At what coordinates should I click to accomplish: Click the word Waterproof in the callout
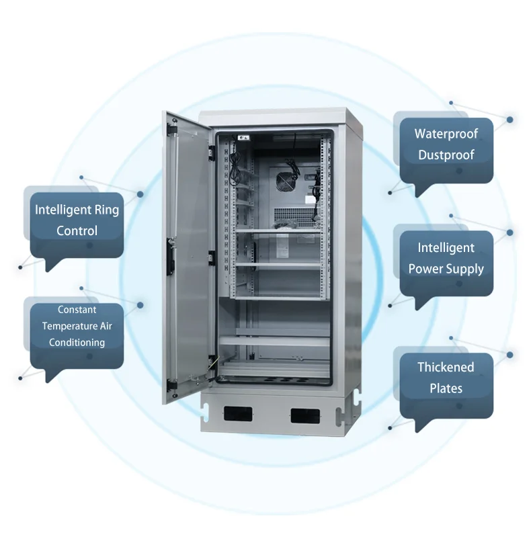click(446, 134)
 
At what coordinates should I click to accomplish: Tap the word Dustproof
click(446, 155)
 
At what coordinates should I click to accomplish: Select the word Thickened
click(446, 367)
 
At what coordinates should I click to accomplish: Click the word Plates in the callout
click(446, 388)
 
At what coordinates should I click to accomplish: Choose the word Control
click(77, 230)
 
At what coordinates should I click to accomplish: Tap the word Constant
click(77, 310)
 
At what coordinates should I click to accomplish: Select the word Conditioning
click(77, 343)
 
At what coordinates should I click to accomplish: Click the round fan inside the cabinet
click(285, 181)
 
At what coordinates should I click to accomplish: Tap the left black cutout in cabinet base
click(238, 414)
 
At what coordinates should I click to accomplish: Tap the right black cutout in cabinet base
click(305, 415)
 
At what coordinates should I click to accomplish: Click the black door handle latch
click(171, 257)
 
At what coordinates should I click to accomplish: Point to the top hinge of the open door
click(172, 129)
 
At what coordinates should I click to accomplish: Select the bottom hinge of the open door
click(172, 385)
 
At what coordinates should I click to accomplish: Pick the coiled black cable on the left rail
click(234, 167)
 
